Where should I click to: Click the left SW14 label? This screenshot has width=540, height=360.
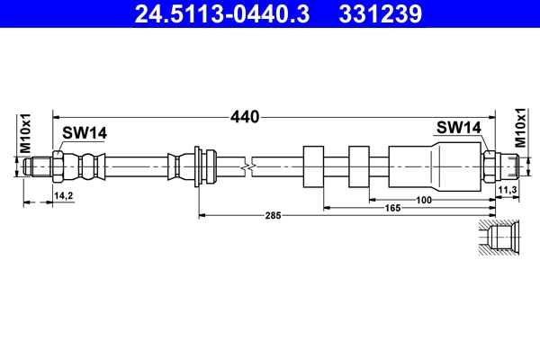(x=85, y=133)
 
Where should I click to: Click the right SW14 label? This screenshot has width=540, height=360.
(x=459, y=128)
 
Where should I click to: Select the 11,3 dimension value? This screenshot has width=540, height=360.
(x=506, y=190)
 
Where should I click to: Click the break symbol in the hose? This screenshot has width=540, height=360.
(x=249, y=166)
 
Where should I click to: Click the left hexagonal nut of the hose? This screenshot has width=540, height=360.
(x=57, y=166)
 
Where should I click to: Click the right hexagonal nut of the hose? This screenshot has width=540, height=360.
(x=490, y=166)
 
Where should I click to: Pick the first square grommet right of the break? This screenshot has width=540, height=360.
(x=315, y=166)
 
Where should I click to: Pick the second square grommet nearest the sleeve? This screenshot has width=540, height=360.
(x=360, y=166)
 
